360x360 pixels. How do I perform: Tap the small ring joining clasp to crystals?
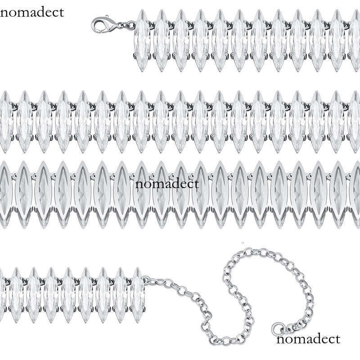(x=130, y=25)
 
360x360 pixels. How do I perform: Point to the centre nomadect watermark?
(x=167, y=184)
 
